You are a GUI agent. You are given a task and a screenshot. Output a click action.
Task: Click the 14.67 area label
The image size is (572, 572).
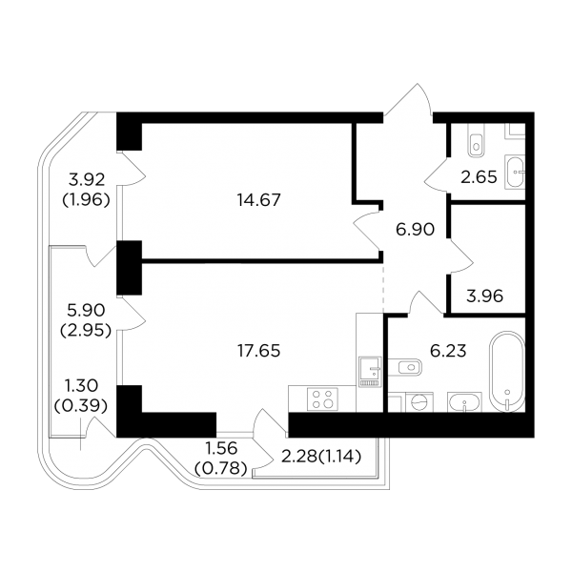258,200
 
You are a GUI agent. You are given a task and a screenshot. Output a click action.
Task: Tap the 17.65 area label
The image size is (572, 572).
258,351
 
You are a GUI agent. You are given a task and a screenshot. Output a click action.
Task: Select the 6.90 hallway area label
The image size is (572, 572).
415,230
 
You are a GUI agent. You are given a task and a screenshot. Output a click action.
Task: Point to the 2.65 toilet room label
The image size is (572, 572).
479,177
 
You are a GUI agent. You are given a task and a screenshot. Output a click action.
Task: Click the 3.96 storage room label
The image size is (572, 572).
485,296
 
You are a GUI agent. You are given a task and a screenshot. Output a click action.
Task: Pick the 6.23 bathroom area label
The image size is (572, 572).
448,351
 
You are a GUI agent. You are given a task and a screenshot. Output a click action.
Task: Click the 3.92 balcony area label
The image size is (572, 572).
87,179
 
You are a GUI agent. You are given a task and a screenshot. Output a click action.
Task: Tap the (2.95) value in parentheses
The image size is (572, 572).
86,331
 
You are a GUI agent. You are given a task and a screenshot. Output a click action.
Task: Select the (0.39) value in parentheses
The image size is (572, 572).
81,406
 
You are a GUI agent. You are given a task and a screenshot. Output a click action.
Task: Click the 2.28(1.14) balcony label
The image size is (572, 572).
321,457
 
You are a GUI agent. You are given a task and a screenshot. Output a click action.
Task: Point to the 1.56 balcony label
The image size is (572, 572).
221,448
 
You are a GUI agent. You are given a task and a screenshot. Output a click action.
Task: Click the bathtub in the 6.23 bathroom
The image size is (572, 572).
507,372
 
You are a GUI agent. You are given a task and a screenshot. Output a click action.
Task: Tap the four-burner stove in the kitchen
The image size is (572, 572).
322,398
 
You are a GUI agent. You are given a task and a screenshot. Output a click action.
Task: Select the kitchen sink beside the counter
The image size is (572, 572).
370,372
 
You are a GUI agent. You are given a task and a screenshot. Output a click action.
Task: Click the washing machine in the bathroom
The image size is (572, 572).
419,402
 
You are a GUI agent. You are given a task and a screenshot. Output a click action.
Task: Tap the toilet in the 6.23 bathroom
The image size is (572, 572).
405,367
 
